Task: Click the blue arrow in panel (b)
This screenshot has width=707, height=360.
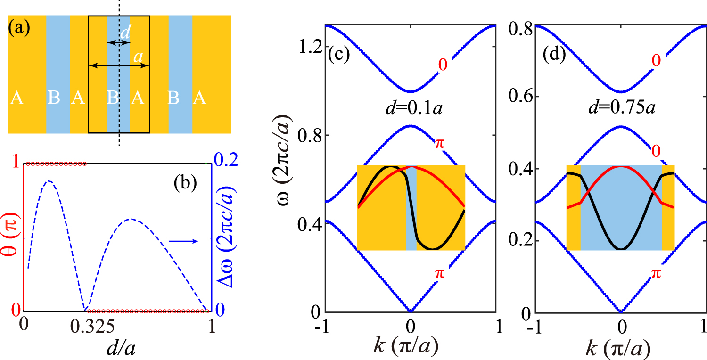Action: click(182, 241)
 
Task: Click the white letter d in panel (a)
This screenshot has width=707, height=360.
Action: click(123, 33)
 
